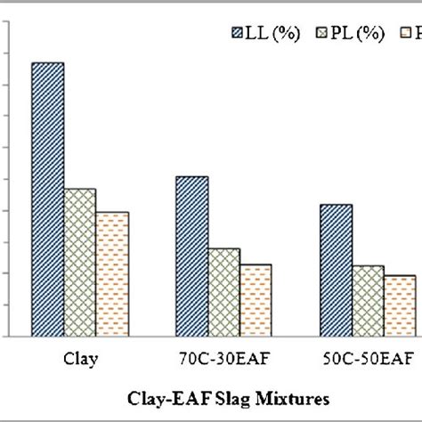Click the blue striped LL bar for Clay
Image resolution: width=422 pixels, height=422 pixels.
(x=48, y=199)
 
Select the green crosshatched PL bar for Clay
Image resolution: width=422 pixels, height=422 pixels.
(x=80, y=263)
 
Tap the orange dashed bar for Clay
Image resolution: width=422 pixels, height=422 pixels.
(x=112, y=274)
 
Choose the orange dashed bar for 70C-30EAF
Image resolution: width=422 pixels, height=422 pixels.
(x=256, y=300)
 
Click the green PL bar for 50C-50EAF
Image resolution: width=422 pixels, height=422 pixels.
(x=368, y=301)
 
